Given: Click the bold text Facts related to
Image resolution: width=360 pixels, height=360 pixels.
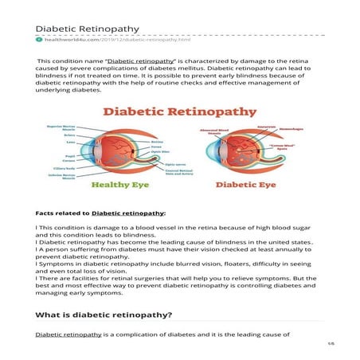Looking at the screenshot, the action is [x=63, y=213].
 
